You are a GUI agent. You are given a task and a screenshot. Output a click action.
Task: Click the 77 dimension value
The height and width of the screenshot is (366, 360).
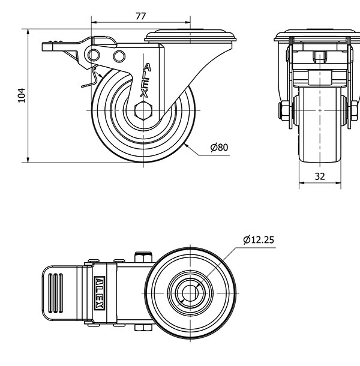(141, 16)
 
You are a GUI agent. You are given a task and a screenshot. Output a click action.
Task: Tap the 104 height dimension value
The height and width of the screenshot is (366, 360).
(22, 95)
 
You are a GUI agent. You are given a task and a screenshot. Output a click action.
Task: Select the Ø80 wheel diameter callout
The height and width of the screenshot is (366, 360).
(219, 147)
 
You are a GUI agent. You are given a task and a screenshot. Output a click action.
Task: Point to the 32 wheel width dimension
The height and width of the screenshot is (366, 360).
(320, 176)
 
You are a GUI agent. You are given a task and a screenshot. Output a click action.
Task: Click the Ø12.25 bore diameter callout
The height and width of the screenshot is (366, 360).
(259, 240)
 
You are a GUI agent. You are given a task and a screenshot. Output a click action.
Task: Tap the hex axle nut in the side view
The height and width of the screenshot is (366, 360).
(143, 110)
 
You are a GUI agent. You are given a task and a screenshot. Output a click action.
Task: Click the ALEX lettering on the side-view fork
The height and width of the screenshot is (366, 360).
(145, 80)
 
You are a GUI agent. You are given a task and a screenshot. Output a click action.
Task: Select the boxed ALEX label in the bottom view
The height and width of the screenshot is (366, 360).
(100, 293)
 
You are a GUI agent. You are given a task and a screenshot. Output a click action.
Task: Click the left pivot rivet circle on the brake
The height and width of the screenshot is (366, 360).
(94, 55)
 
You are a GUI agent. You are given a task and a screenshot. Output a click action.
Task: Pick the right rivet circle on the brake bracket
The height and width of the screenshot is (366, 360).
(119, 56)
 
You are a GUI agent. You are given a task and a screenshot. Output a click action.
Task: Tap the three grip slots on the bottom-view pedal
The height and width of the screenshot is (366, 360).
(55, 293)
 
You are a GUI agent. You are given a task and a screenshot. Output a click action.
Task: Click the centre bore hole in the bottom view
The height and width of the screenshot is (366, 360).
(190, 293)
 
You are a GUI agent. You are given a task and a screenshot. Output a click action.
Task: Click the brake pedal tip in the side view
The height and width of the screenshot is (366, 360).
(47, 46)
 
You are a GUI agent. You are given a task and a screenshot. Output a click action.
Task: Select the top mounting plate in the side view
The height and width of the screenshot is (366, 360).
(190, 36)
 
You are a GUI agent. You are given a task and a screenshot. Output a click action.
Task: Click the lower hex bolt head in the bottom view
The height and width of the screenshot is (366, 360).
(143, 328)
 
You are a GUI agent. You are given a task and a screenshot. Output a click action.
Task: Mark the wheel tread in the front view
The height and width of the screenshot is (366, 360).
(320, 125)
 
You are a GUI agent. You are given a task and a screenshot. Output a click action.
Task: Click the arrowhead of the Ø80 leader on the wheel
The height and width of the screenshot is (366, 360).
(186, 145)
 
